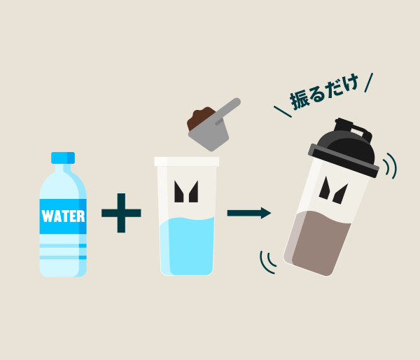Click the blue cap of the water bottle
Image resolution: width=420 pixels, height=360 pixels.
[x=63, y=158]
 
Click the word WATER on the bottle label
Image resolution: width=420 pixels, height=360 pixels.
[x=63, y=216]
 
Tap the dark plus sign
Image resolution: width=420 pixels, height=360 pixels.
[x=121, y=213]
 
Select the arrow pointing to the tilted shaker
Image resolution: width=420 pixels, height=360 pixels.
[x=249, y=213]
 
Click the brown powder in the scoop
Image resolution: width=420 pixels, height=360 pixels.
[x=200, y=118]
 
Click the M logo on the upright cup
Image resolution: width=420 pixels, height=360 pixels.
[x=186, y=191]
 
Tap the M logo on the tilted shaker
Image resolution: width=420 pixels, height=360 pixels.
[x=333, y=191]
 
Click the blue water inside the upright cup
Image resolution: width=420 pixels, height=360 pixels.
[x=187, y=246]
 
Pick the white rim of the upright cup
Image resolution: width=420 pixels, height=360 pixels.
[x=187, y=161]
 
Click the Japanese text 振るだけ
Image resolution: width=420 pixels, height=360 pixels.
[x=324, y=92]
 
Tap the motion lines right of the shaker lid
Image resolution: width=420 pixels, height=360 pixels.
[x=391, y=166]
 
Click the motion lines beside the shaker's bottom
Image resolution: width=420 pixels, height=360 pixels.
[x=268, y=263]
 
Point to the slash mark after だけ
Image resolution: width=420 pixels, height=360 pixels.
[x=369, y=83]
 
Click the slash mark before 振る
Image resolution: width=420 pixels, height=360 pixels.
[x=283, y=111]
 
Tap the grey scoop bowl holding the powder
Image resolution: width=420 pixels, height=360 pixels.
[x=209, y=137]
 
